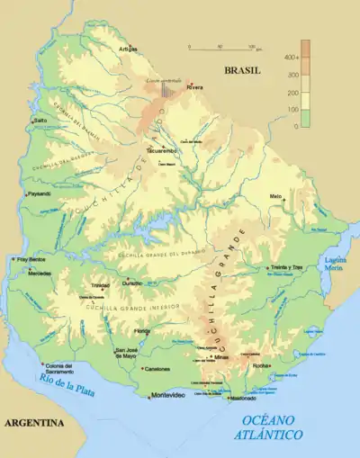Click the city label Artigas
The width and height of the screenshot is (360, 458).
(x=130, y=49)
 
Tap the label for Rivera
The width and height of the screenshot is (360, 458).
(x=195, y=87)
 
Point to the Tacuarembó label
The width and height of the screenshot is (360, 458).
(x=159, y=151)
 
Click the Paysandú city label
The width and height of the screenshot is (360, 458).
(x=40, y=193)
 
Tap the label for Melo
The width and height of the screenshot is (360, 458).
(x=275, y=195)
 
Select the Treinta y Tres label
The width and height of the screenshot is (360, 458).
(x=288, y=268)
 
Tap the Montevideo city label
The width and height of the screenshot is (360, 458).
(x=167, y=396)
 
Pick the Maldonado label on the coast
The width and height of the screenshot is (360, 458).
(x=243, y=398)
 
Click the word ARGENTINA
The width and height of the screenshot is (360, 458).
(x=34, y=422)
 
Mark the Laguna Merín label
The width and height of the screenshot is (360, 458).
(x=334, y=263)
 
